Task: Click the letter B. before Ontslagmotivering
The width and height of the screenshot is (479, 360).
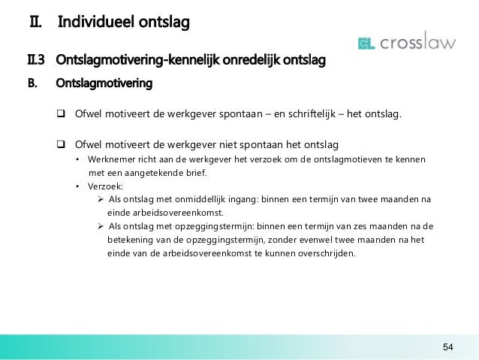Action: [x=32, y=83]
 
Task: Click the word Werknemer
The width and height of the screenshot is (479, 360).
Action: [x=113, y=159]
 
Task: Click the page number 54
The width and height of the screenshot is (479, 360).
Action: [x=447, y=346]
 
